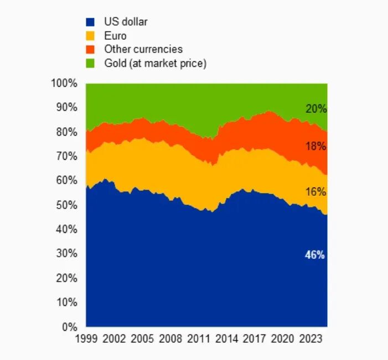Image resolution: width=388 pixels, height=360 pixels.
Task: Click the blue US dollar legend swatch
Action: (90, 23)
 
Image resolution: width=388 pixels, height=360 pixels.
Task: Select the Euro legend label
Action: (115, 36)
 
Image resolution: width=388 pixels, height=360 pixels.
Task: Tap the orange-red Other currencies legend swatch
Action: (90, 50)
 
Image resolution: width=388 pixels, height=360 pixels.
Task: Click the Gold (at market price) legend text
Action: (155, 64)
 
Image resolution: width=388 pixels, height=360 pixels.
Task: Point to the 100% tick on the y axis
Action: (64, 83)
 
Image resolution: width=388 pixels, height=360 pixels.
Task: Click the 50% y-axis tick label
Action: (66, 205)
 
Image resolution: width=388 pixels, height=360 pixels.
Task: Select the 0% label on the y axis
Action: (69, 327)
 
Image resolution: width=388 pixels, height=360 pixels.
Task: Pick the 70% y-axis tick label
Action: (66, 156)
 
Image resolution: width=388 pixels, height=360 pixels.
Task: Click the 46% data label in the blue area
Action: (315, 255)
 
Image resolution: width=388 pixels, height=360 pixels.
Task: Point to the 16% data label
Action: (315, 192)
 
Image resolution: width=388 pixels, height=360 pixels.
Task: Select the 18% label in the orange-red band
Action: (315, 147)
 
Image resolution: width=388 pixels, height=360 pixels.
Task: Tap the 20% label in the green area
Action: (315, 109)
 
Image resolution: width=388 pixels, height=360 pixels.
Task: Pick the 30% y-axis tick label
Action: (66, 254)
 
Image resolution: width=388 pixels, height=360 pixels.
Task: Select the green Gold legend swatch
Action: (90, 64)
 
